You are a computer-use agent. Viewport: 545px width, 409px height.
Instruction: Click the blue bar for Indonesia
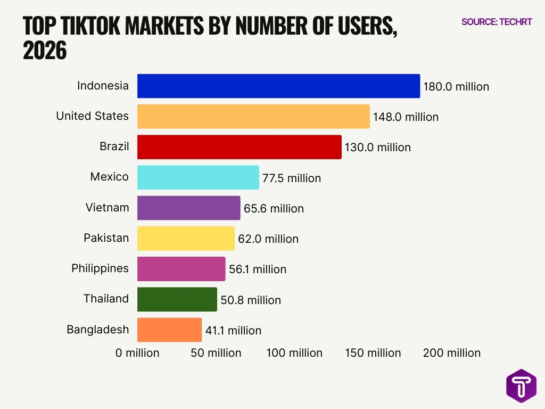(278, 86)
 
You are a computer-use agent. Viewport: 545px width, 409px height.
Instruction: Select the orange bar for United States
(253, 116)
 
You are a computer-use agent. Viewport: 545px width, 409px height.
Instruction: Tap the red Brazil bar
(239, 147)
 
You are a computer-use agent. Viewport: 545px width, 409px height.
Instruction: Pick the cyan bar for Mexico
(198, 177)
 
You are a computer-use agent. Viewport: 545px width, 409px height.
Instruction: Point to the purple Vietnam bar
(188, 208)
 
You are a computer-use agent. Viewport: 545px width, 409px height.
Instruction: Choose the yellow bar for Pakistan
(186, 238)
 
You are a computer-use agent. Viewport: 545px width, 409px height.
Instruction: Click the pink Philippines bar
(181, 268)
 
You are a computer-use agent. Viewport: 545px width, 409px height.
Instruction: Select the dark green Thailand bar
(177, 299)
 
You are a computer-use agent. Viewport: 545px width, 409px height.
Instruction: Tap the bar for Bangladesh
(169, 330)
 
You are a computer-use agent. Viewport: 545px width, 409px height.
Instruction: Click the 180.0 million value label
(456, 86)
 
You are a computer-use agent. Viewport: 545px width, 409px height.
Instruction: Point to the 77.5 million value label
(292, 178)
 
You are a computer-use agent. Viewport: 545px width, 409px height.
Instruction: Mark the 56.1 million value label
(258, 269)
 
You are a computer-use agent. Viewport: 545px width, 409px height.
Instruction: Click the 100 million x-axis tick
(294, 353)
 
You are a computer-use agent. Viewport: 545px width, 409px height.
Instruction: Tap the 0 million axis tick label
(137, 353)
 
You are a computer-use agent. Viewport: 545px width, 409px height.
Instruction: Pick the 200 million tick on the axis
(452, 353)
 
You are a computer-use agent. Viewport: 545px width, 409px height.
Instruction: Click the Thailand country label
(106, 298)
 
